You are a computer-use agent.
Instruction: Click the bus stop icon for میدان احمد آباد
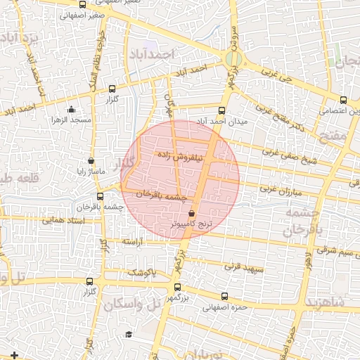(222, 110)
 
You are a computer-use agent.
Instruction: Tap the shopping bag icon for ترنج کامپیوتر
(192, 213)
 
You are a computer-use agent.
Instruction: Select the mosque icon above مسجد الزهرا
(72, 109)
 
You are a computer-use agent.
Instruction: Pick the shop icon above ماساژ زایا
(91, 160)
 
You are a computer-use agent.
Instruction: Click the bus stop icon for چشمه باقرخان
(101, 196)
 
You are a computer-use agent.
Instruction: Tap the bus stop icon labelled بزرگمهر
(176, 287)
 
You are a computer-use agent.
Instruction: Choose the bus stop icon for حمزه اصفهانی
(224, 296)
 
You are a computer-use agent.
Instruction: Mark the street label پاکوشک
(141, 271)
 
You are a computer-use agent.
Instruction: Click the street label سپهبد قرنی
(243, 267)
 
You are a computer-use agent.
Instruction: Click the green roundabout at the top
(234, 58)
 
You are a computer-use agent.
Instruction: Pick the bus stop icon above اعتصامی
(343, 100)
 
